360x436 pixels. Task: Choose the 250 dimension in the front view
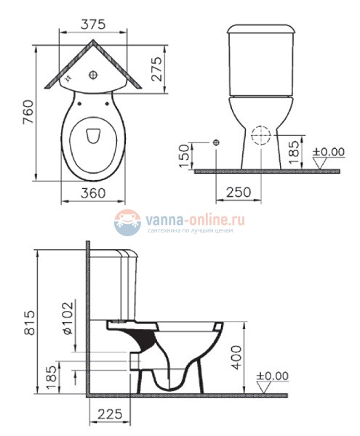point(238,193)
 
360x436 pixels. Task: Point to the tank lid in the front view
point(261,30)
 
